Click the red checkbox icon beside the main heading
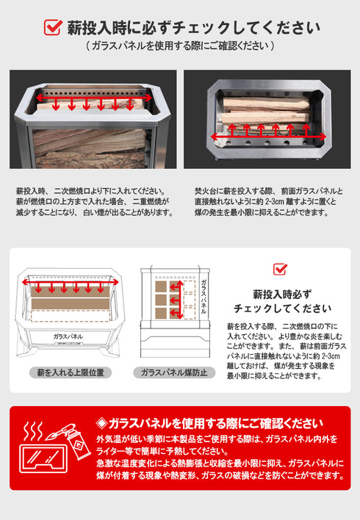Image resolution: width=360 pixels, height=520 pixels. (53, 28)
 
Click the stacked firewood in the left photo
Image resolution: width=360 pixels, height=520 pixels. (88, 143)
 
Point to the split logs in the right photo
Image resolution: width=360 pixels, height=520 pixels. (266, 110)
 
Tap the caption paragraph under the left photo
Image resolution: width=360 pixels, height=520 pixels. (94, 201)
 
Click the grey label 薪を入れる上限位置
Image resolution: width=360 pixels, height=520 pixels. (71, 372)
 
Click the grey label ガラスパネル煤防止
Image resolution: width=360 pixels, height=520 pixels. (174, 372)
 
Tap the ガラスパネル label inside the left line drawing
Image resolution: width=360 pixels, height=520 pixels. (68, 336)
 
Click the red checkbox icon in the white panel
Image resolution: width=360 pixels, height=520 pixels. (280, 269)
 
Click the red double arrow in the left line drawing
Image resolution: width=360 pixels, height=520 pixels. (71, 281)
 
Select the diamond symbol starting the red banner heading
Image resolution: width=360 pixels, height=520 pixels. (102, 423)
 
